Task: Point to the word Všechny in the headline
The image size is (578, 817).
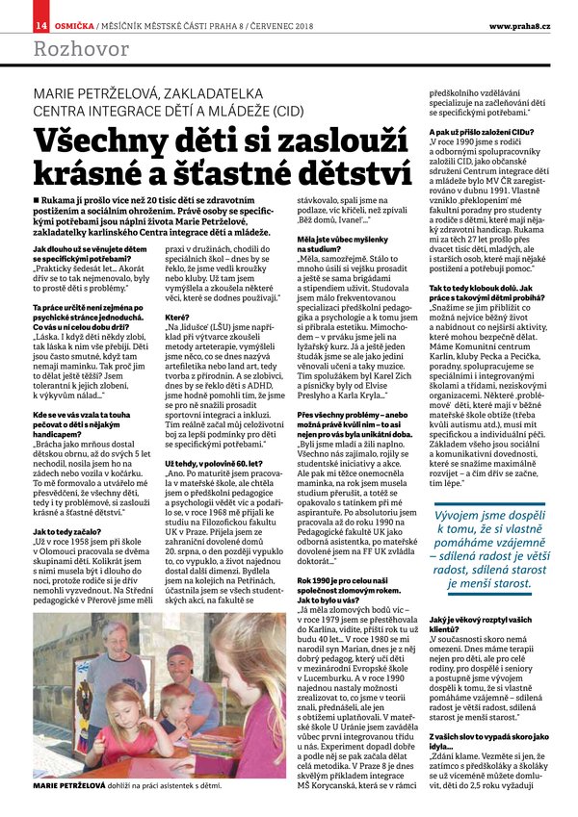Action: [106, 142]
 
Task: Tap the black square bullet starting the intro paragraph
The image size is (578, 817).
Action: [37, 199]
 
